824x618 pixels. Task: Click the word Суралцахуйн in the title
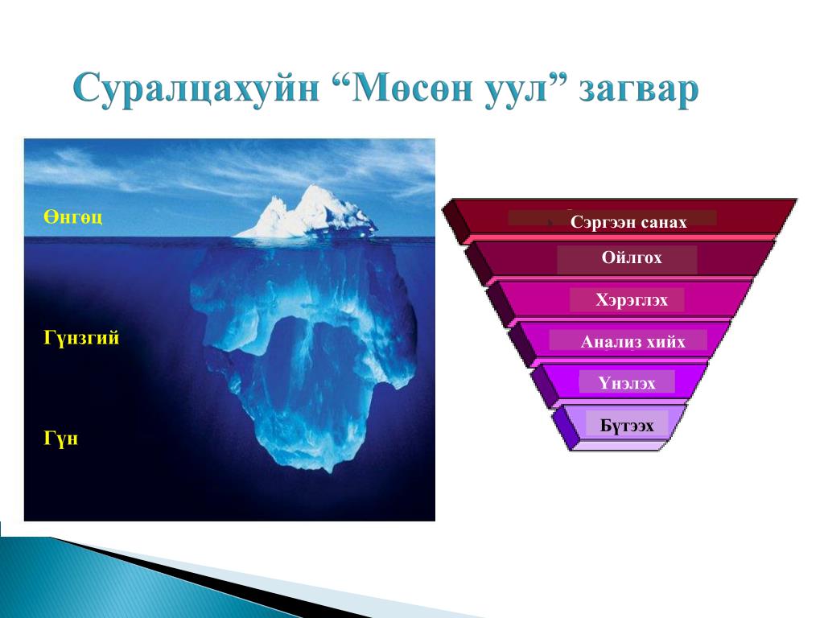[196, 89]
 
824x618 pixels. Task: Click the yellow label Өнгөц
[72, 217]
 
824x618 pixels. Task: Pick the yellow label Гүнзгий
[81, 338]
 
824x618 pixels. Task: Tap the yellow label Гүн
[60, 439]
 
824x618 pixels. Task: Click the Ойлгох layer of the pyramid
[620, 258]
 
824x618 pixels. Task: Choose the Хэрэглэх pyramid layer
[620, 300]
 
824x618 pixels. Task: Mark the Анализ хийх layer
[620, 341]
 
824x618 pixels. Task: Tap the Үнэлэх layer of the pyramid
[620, 382]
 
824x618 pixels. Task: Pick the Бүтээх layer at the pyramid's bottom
[620, 426]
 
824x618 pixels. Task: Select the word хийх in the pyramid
[665, 342]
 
